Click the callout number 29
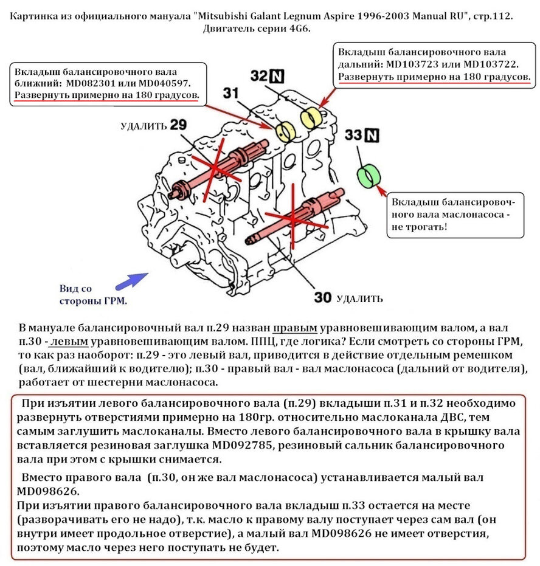[178, 126]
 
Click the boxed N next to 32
[277, 75]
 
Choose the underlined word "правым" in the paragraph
[295, 326]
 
